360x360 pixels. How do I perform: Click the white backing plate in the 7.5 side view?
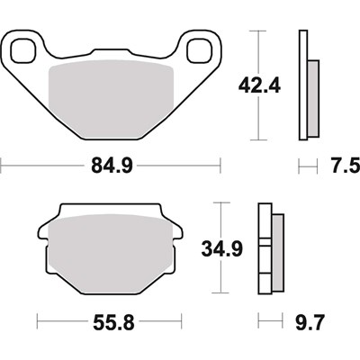(x=303, y=85)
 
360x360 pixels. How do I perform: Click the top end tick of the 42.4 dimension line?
(x=261, y=30)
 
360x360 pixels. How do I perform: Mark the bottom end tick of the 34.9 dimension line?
(x=219, y=292)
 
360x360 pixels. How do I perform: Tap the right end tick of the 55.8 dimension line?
(x=185, y=321)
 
